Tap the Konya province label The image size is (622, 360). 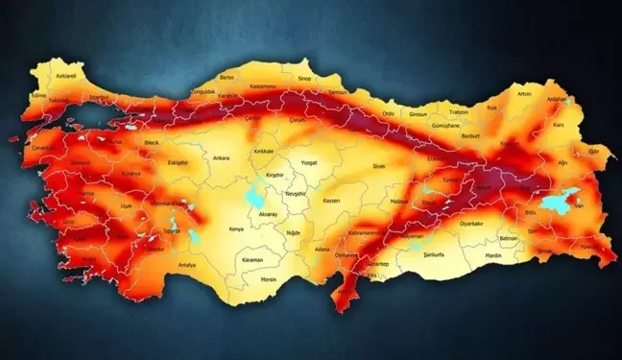point(236,229)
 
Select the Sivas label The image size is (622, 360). point(379,166)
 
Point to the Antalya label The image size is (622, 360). point(187,265)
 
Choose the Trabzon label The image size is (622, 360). point(459,112)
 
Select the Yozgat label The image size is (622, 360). point(308,163)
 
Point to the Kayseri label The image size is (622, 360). point(331,202)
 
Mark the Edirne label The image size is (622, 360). point(38,96)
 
